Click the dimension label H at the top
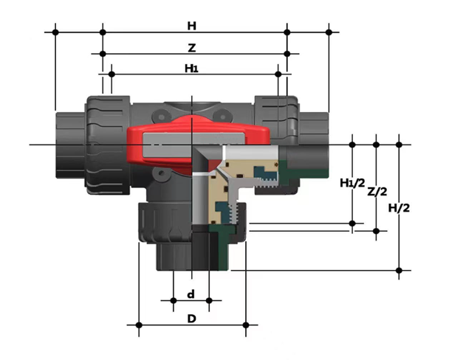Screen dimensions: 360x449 point(192,26)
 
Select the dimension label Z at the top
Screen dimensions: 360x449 point(192,47)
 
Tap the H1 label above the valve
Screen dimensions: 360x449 point(191,69)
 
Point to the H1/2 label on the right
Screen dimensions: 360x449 point(352,183)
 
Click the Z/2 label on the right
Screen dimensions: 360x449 point(377,192)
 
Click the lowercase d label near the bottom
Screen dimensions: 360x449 point(191,294)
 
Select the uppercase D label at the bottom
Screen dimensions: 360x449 point(191,319)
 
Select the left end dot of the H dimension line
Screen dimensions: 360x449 point(55,32)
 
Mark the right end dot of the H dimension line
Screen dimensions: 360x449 point(329,32)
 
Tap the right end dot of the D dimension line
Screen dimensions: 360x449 point(246,324)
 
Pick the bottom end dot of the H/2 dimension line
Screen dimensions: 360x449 point(400,271)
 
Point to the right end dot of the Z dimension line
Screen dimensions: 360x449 point(287,53)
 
